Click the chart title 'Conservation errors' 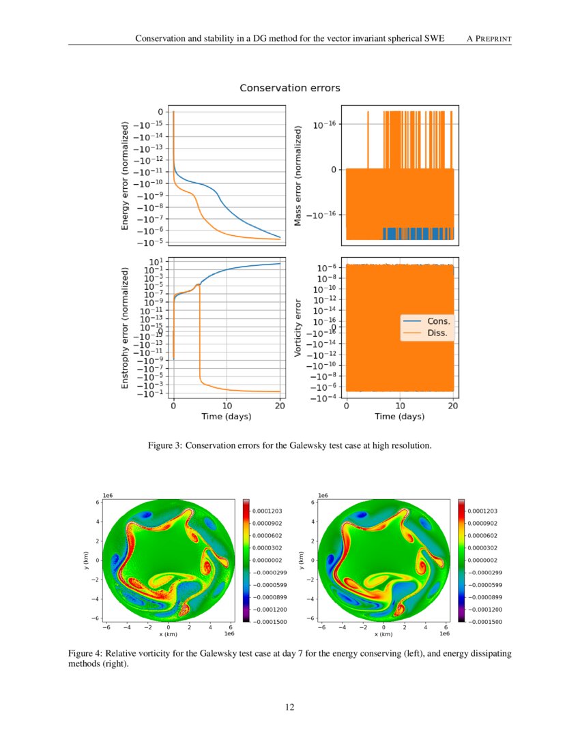(289, 88)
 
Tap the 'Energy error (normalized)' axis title (125, 175)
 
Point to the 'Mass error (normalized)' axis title (298, 175)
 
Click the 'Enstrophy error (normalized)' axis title (125, 328)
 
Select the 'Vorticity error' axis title (298, 328)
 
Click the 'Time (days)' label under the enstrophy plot (226, 416)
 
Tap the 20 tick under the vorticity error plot (452, 405)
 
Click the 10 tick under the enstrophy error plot (227, 405)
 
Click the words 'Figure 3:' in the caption (164, 446)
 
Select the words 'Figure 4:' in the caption (85, 653)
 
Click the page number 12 (290, 707)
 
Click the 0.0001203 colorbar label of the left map (267, 510)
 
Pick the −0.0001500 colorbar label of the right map (484, 622)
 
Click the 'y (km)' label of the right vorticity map (300, 561)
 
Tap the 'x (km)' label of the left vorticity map (168, 634)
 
